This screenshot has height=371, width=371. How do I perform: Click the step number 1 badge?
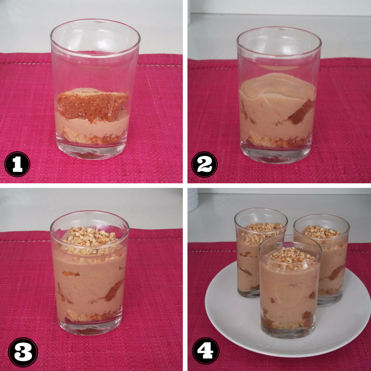[x=17, y=164]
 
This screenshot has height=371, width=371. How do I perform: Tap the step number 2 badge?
[x=204, y=165]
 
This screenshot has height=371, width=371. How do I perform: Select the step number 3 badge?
[x=23, y=352]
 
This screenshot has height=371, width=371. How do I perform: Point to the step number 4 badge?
[x=205, y=351]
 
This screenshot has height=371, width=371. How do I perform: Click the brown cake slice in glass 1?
[x=93, y=105]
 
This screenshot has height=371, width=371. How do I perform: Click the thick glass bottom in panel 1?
[x=91, y=151]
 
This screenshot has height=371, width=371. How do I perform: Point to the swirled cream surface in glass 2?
[x=277, y=86]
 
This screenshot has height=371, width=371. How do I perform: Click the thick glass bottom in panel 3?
[x=90, y=328]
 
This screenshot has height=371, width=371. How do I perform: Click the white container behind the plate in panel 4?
[x=193, y=200]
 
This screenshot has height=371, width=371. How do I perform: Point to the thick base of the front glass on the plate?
[x=288, y=333]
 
